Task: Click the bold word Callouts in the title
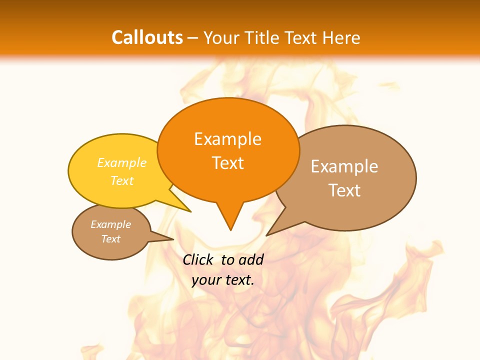pyautogui.click(x=147, y=37)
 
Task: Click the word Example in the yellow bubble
pyautogui.click(x=122, y=162)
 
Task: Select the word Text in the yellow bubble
pyautogui.click(x=122, y=180)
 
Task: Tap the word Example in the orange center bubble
pyautogui.click(x=227, y=139)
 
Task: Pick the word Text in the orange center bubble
pyautogui.click(x=227, y=163)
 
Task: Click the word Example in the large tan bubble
pyautogui.click(x=344, y=166)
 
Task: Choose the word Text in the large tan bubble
pyautogui.click(x=344, y=190)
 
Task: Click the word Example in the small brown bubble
pyautogui.click(x=110, y=224)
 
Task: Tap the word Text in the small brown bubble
pyautogui.click(x=110, y=239)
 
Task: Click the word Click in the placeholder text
pyautogui.click(x=198, y=259)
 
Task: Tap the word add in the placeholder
pyautogui.click(x=250, y=259)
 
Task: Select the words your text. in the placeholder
pyautogui.click(x=223, y=280)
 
